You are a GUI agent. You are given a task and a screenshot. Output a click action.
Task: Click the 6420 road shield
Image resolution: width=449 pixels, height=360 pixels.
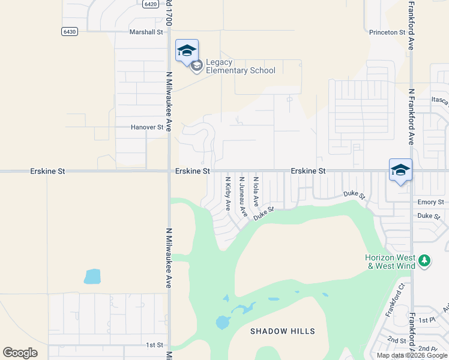(151, 4)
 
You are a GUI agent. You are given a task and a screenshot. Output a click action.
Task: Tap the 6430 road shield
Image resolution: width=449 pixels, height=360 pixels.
(69, 31)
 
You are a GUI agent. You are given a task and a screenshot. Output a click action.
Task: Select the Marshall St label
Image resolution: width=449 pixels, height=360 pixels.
(146, 32)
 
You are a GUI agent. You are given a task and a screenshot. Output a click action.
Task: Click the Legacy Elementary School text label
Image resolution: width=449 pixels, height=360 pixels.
(240, 67)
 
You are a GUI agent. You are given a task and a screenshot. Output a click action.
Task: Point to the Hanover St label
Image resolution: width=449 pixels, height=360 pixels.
(147, 127)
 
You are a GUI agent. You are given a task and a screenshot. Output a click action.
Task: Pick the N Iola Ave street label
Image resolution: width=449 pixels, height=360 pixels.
(256, 191)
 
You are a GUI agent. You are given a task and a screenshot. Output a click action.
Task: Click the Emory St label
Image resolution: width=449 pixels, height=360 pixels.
(430, 202)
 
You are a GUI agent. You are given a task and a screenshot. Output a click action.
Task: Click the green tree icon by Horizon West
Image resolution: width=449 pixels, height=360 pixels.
(424, 260)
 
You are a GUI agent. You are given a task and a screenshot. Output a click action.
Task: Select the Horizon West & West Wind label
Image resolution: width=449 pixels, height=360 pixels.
(390, 262)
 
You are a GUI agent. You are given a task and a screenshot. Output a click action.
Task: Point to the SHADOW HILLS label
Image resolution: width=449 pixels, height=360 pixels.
(282, 331)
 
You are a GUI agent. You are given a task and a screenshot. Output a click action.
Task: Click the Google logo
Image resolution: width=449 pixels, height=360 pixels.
(20, 353)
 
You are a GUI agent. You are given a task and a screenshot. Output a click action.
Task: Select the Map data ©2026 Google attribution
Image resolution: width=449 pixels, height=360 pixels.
(412, 355)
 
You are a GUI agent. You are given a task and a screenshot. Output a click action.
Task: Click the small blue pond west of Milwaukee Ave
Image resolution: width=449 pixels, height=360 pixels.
(92, 277)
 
